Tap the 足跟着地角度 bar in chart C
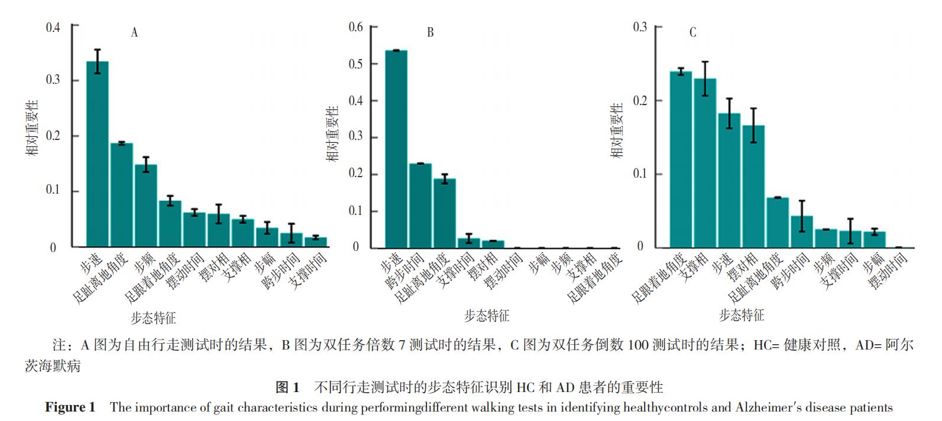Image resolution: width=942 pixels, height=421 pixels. coord(681,159)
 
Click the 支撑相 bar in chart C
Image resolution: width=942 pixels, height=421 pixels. coord(705,163)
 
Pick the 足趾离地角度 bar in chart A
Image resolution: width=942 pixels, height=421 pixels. coord(121,195)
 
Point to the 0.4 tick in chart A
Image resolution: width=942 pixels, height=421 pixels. coord(53,27)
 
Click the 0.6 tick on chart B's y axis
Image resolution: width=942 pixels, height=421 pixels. coord(355,27)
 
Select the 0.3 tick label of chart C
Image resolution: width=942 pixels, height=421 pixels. coord(640,27)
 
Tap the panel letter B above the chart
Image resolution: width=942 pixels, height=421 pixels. coord(430,32)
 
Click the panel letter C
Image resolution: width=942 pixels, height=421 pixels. coord(693,32)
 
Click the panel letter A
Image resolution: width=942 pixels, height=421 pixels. coord(134,32)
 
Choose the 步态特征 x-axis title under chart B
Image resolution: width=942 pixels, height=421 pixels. coord(486,316)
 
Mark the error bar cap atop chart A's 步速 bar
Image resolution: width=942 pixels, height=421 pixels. coord(98,50)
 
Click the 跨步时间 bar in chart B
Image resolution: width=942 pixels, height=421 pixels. coord(420,205)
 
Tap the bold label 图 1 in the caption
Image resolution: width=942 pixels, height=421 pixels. coord(288,388)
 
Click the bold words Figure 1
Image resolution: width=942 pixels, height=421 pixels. coord(70,407)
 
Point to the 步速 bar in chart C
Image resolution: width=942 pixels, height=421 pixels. coord(729,180)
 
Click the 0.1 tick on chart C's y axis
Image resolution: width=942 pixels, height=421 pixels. coord(640,174)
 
